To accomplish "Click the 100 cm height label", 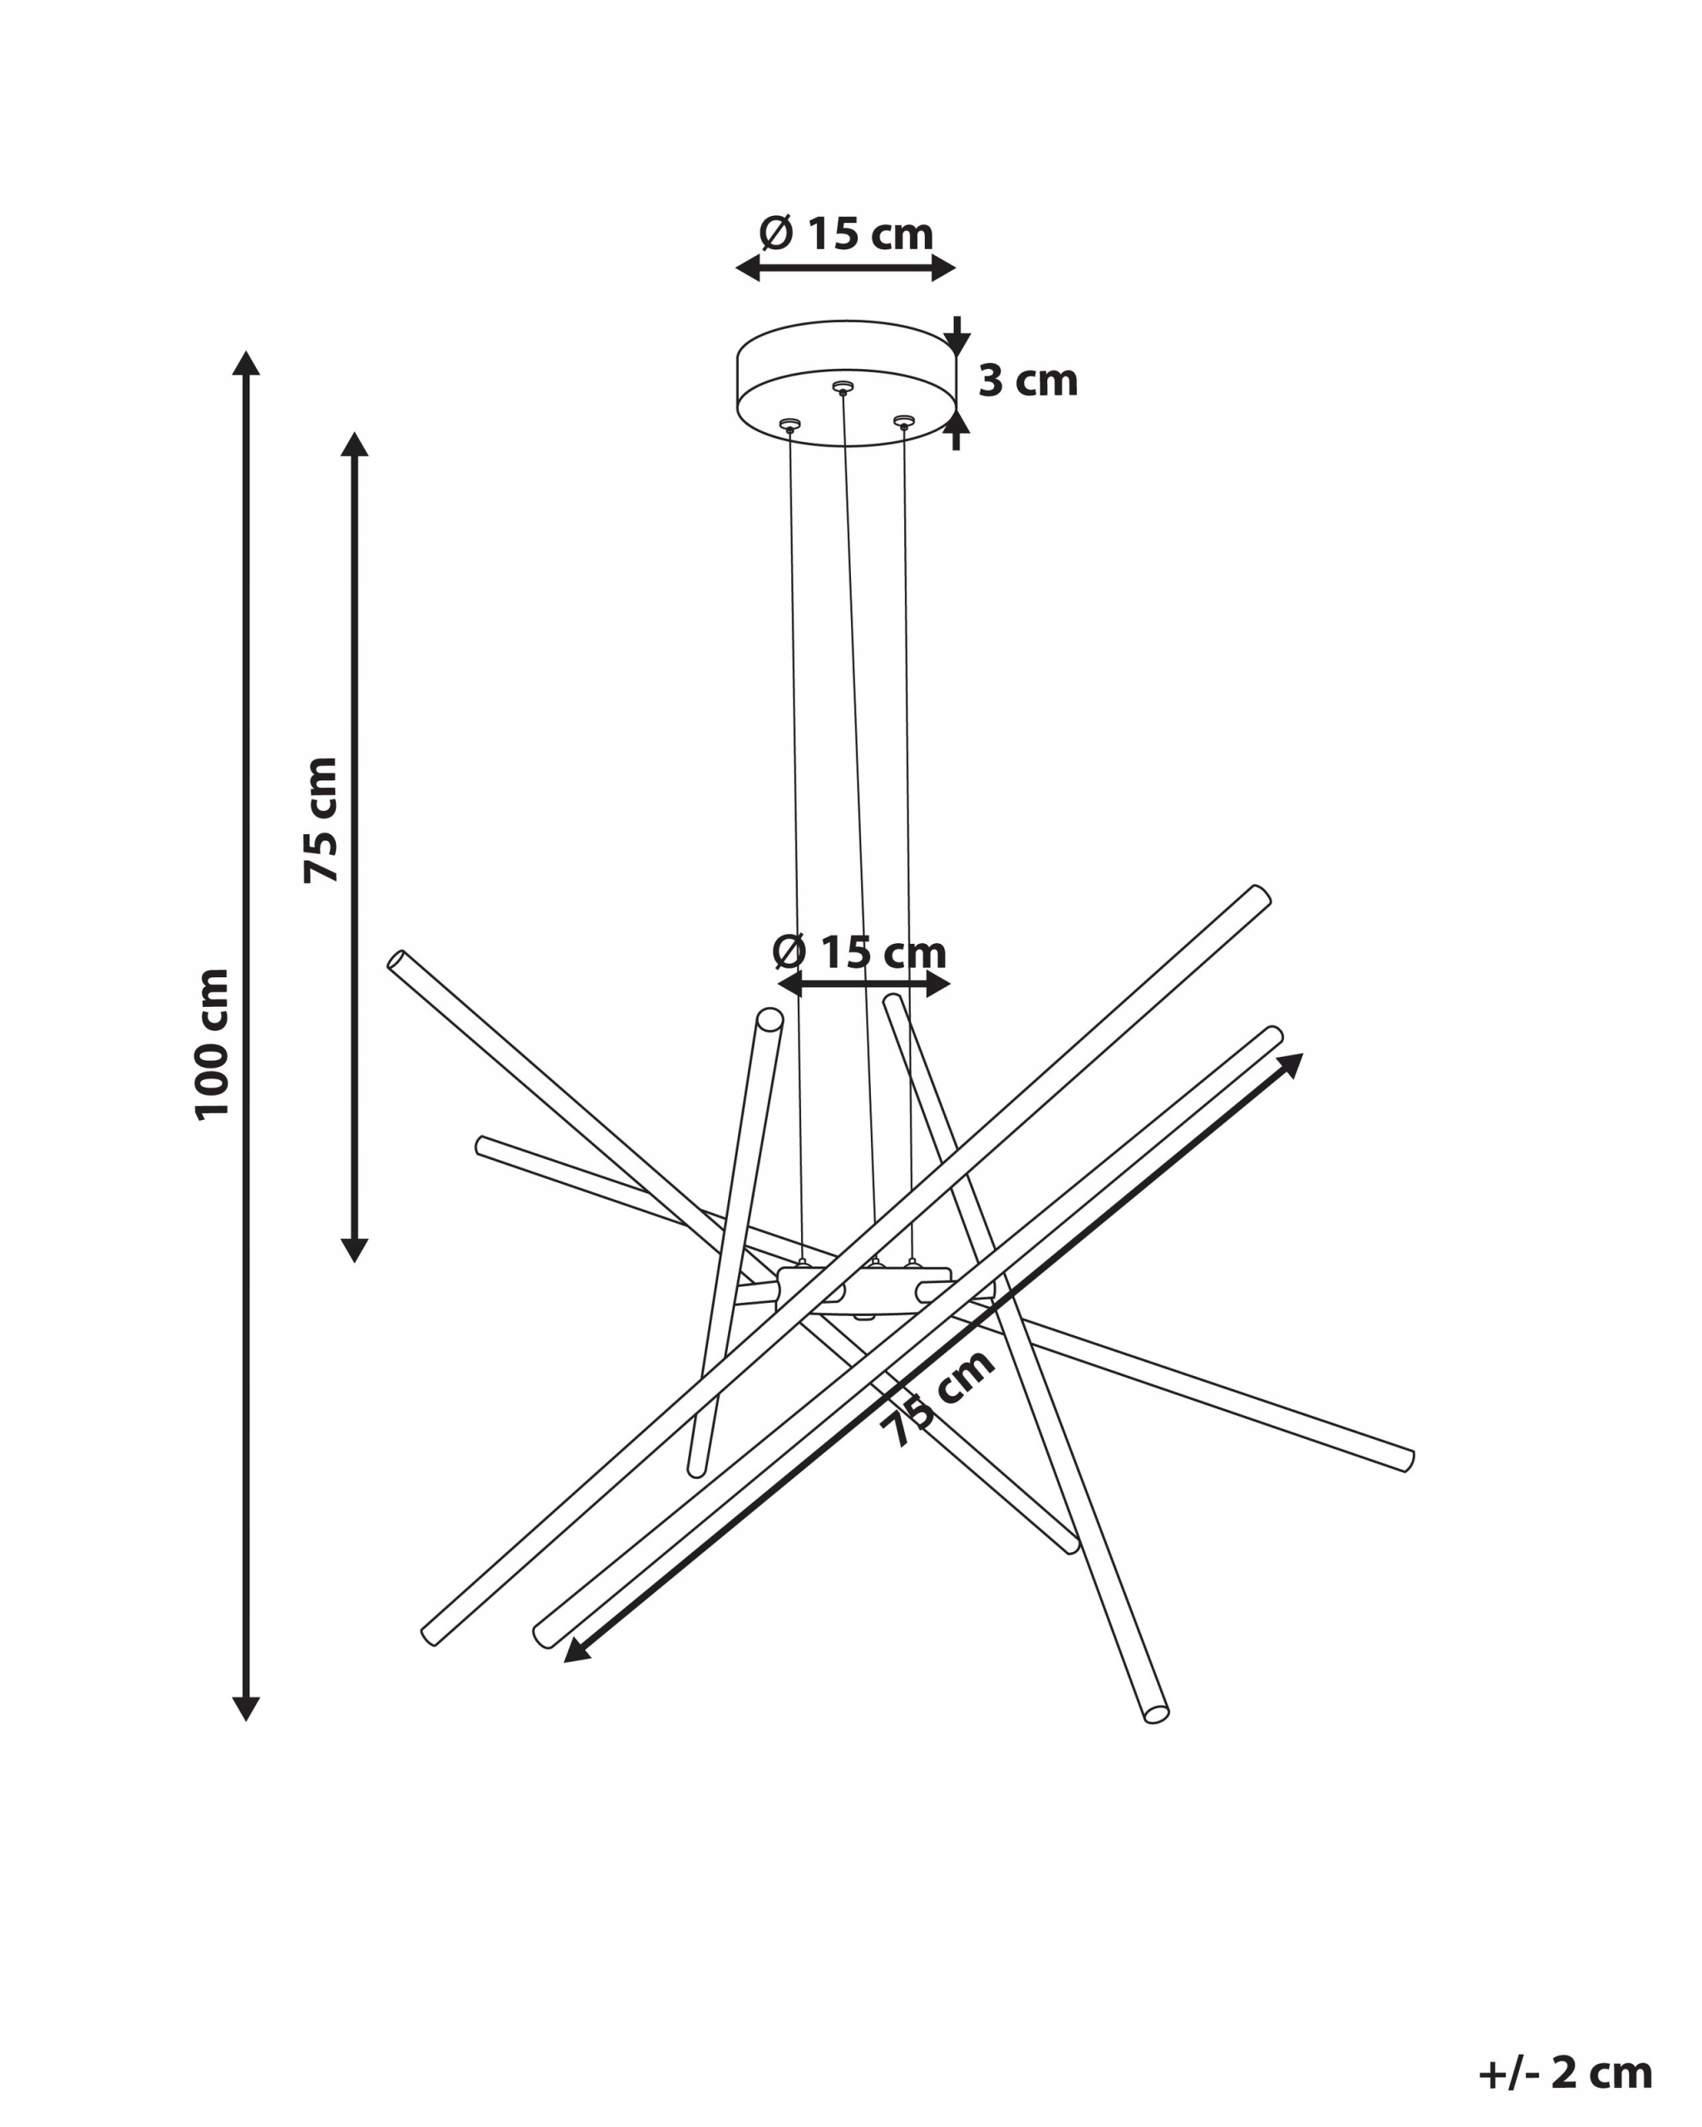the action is click(212, 1044).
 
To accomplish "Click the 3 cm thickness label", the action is click(1027, 380).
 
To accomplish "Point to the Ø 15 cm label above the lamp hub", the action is click(858, 952).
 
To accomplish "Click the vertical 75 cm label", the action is click(321, 821).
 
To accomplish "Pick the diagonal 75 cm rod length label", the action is click(938, 1398).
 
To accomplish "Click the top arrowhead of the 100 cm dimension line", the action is click(246, 362).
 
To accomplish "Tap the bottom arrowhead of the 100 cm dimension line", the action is click(246, 1709).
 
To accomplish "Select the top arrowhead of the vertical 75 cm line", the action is click(354, 444).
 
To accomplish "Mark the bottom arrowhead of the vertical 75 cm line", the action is click(354, 1250).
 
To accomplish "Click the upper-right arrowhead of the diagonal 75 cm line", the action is click(1291, 1064).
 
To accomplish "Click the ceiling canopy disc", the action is click(847, 383).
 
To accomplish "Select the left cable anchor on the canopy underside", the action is click(789, 425).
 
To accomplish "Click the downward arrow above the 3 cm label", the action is click(956, 336).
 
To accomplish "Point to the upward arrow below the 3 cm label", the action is click(956, 430).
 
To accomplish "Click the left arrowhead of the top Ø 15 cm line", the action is click(748, 268).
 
